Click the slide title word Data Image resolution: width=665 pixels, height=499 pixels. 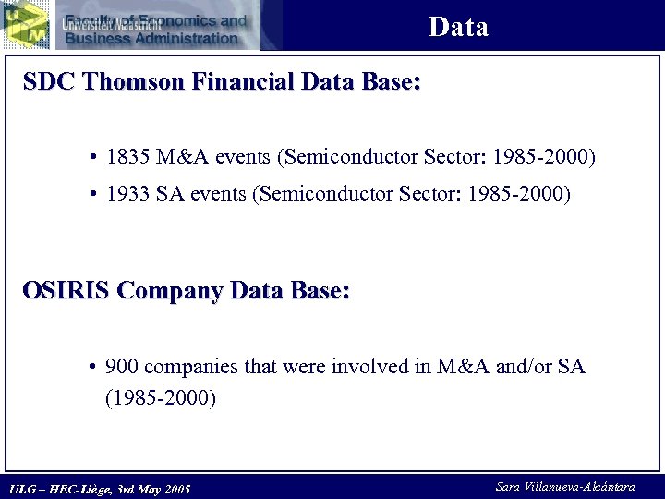[458, 27]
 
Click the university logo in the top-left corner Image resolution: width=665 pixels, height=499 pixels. [25, 24]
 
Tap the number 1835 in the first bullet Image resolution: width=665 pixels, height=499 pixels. [127, 158]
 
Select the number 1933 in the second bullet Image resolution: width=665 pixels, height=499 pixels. [127, 195]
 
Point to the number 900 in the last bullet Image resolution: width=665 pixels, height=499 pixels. [123, 367]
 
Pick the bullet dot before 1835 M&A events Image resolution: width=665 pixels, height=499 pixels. [95, 159]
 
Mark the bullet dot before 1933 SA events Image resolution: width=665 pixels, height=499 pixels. [95, 196]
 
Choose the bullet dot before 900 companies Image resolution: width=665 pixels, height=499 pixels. [95, 368]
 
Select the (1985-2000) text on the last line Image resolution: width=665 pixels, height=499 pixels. [161, 398]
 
